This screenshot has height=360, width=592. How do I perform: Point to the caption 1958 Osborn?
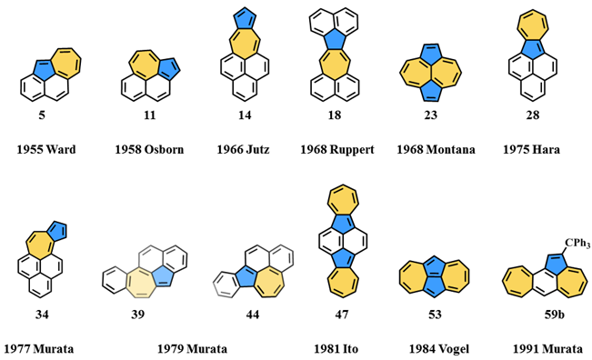click(x=149, y=148)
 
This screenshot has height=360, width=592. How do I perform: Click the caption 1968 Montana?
click(x=436, y=148)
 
